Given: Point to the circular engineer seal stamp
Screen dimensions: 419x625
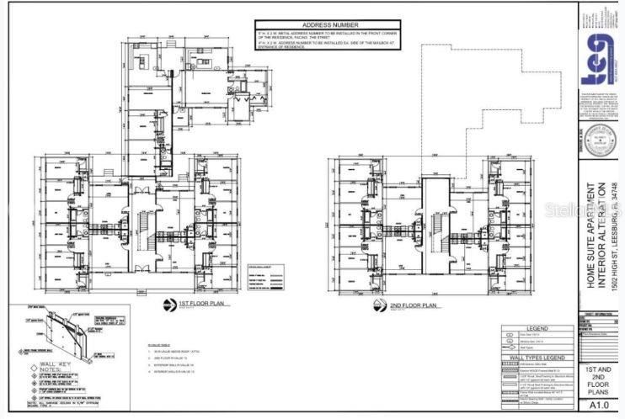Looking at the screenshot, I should click(x=599, y=136).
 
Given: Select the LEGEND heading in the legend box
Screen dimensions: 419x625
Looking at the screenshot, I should click(x=538, y=329).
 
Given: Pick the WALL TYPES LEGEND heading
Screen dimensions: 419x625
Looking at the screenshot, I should click(x=538, y=358).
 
